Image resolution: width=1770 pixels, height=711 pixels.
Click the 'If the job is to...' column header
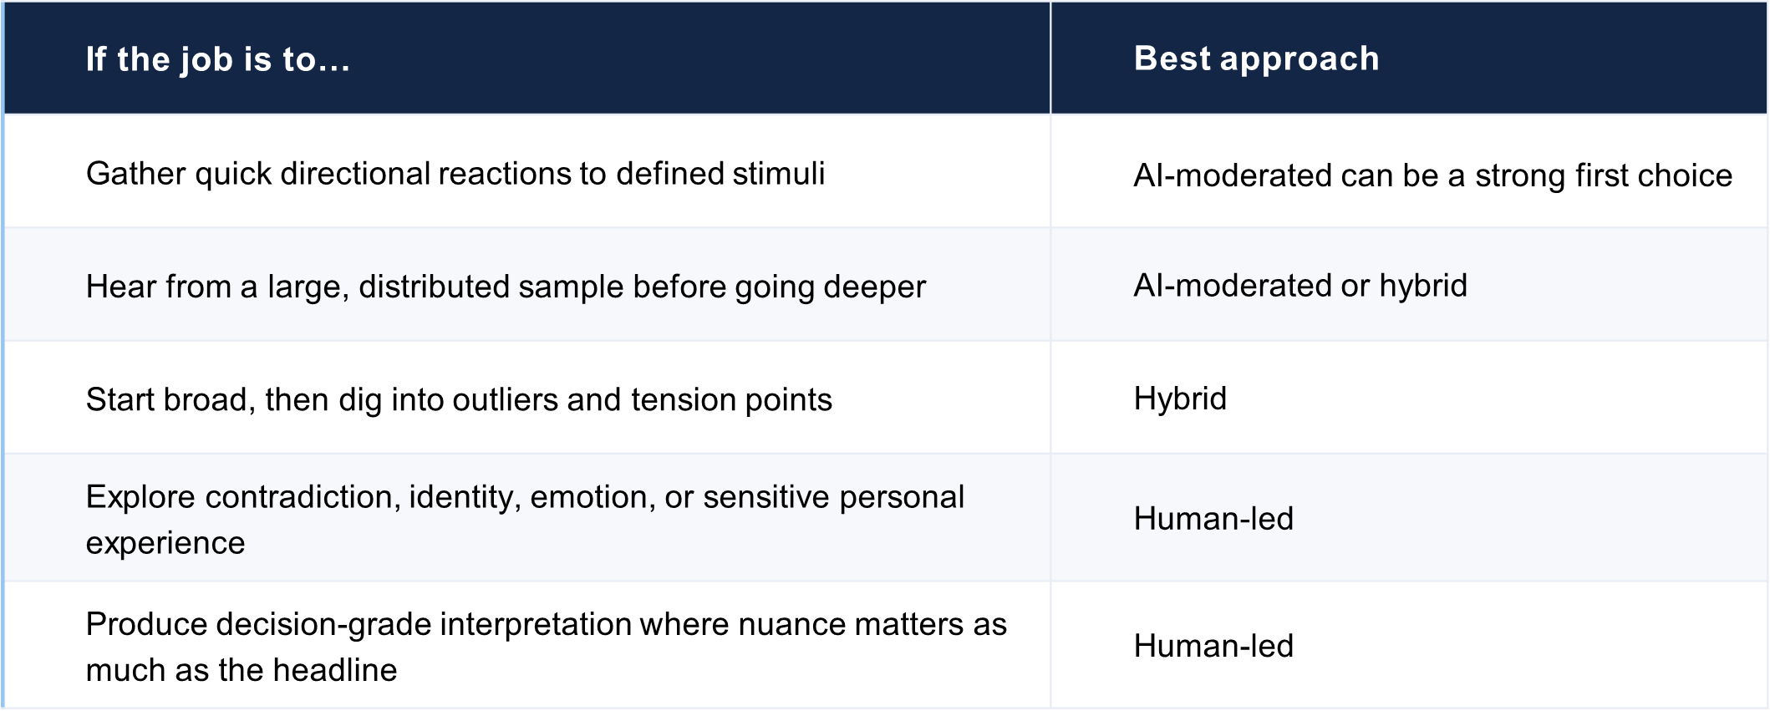[x=218, y=59]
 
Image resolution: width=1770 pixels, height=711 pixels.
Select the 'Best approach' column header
[x=1256, y=58]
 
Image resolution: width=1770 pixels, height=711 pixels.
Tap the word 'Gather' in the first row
[x=137, y=174]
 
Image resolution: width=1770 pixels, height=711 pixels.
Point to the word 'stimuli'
[x=779, y=174]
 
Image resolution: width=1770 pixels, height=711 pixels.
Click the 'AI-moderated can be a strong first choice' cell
[x=1432, y=175]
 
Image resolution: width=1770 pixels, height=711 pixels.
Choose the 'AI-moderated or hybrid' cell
[x=1300, y=286]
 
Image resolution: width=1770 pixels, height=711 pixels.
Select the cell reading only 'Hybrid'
[x=1180, y=399]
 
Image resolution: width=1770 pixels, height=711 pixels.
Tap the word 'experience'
[x=165, y=544]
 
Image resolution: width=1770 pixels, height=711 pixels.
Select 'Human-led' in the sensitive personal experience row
[x=1213, y=519]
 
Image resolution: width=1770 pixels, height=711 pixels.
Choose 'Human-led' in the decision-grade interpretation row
[x=1213, y=646]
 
